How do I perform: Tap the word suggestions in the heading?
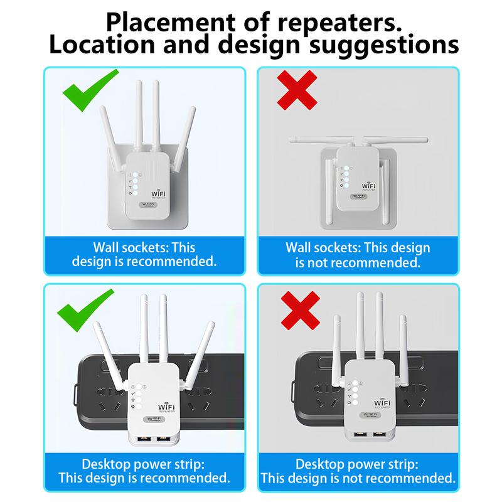383,46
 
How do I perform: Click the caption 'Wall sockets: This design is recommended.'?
144,254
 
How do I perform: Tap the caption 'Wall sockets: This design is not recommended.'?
358,254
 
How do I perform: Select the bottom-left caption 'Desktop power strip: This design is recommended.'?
144,471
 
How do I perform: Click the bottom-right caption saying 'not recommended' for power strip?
358,471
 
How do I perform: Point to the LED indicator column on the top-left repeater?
134,183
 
